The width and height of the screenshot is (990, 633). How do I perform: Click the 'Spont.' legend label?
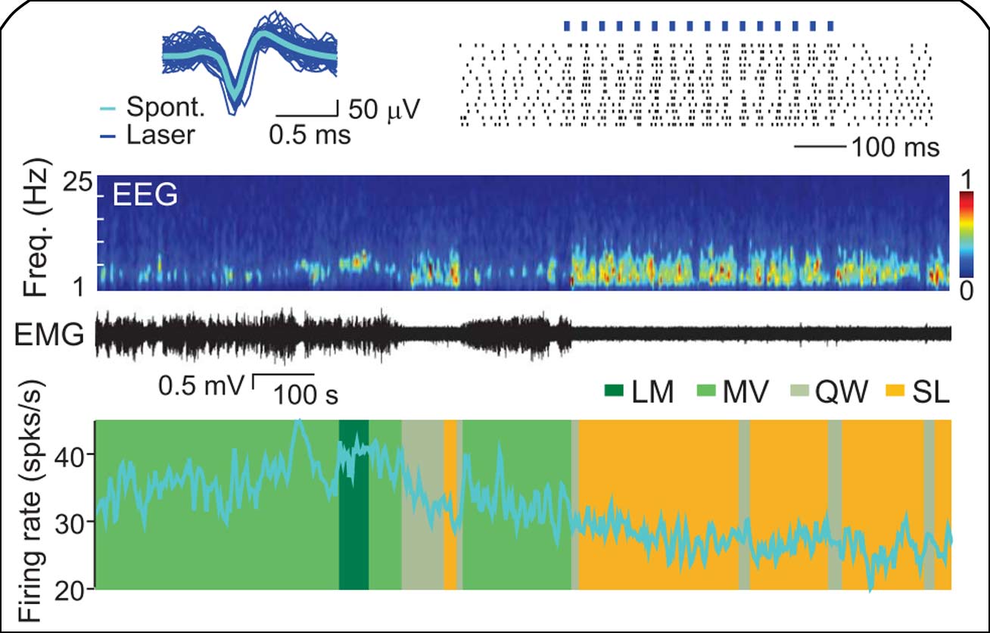pos(166,107)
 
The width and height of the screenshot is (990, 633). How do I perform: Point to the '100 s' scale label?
pos(307,395)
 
